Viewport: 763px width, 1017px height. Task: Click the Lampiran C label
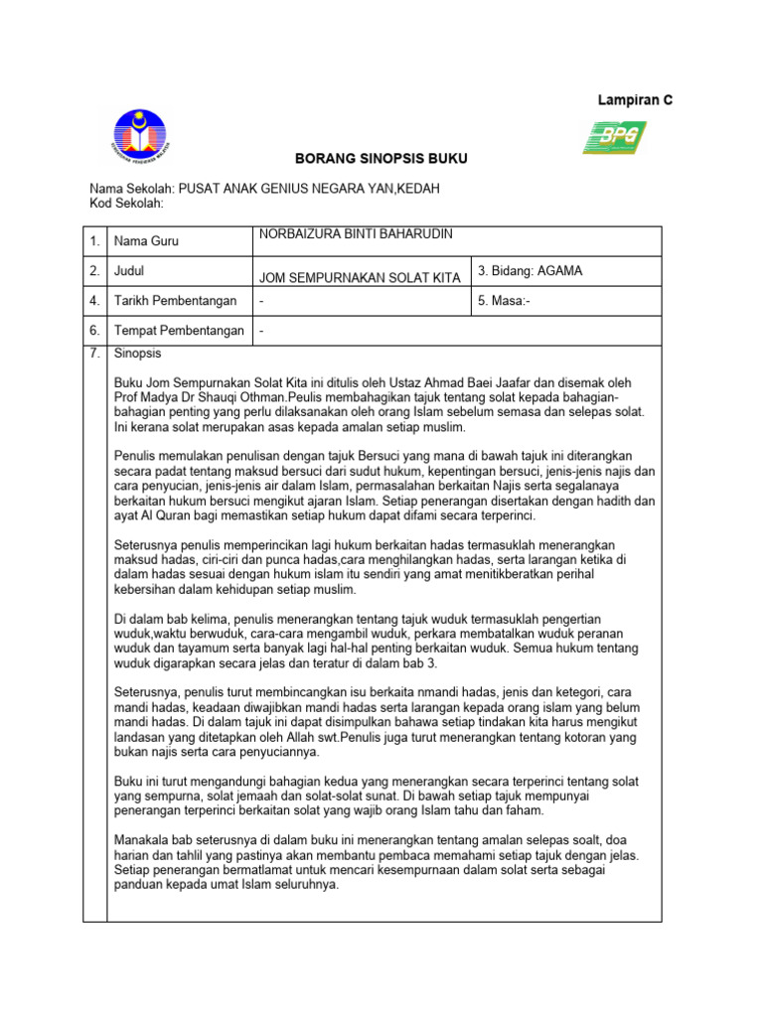[634, 100]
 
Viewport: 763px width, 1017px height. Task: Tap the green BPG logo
[614, 137]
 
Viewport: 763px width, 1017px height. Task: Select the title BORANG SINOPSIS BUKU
[367, 159]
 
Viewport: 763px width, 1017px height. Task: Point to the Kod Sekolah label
[126, 204]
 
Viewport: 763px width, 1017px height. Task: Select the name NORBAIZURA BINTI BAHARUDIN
[356, 234]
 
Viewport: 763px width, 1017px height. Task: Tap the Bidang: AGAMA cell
[531, 270]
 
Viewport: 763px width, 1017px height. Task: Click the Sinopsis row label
[138, 354]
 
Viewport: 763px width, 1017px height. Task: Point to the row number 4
[93, 301]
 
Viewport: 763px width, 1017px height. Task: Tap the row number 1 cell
[93, 241]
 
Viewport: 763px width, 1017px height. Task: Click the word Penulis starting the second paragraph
[138, 456]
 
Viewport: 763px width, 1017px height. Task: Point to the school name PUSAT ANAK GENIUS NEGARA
[276, 189]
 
